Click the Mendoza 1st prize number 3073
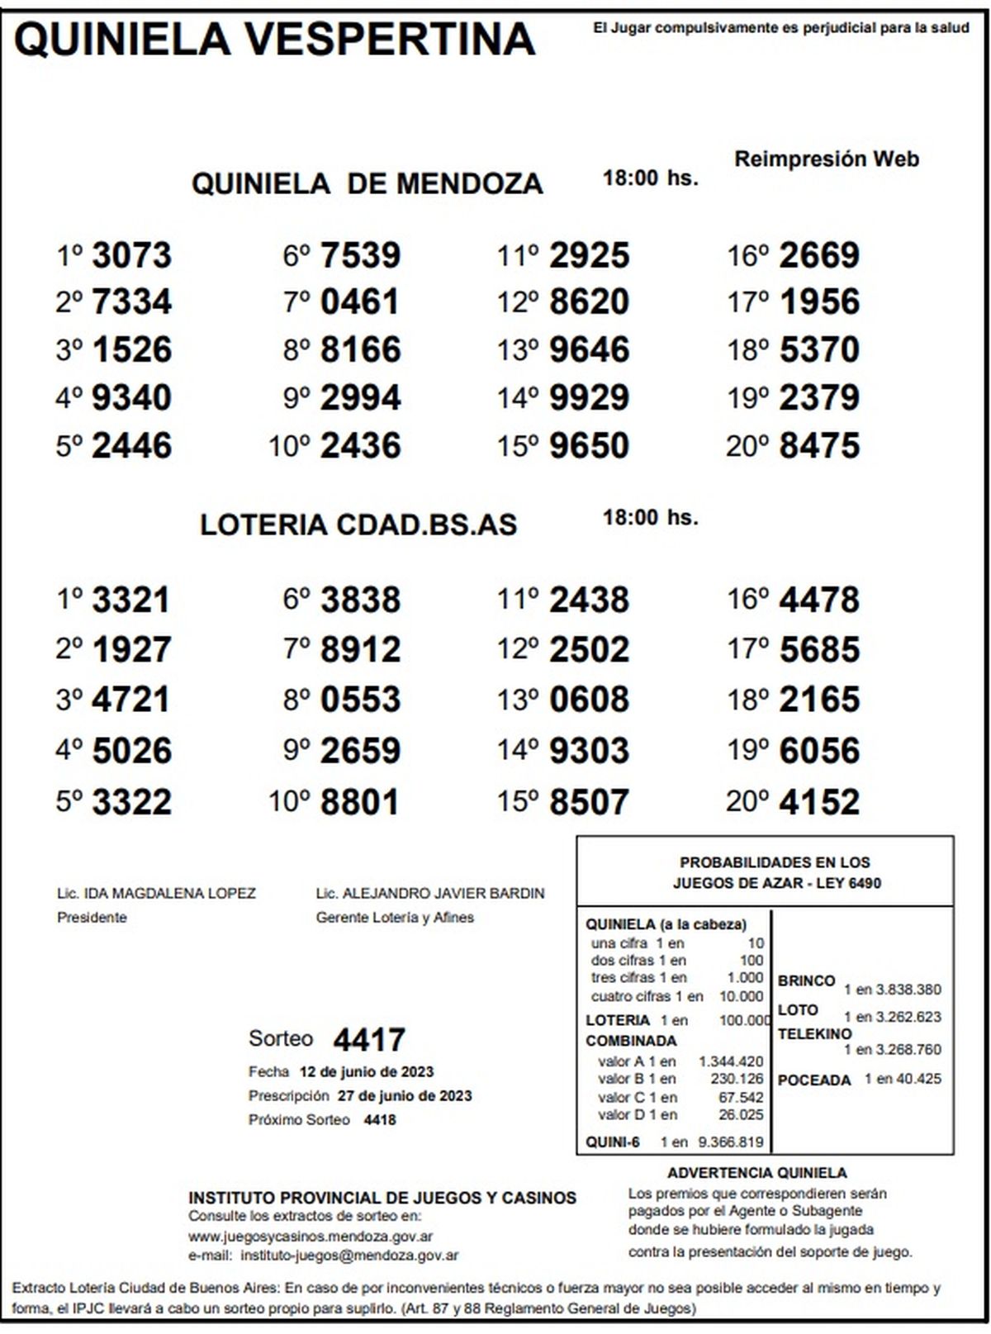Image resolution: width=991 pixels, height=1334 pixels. coord(131,255)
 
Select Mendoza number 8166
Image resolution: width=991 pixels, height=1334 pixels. coord(360,349)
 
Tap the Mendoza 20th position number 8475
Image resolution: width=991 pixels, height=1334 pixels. coord(819,446)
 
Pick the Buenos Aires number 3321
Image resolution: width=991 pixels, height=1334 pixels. coord(131,601)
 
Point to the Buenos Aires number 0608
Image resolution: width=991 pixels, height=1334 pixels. coord(589,700)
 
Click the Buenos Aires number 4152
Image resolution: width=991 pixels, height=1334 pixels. coord(819,802)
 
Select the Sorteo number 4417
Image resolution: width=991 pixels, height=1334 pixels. coord(369,1039)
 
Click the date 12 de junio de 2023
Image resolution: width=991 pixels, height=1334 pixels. coord(367,1072)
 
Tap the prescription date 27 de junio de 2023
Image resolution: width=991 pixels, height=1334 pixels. coord(405,1096)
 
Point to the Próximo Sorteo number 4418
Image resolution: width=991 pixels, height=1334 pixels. coord(380,1120)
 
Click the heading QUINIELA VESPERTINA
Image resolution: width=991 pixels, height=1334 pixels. coord(275,39)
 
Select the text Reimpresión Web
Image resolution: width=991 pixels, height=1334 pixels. coord(827,159)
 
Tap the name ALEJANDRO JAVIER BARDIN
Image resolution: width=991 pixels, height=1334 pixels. coord(443,894)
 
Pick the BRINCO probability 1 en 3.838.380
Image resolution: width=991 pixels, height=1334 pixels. coord(892,990)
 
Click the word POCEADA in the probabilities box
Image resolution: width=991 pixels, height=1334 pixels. coord(814,1080)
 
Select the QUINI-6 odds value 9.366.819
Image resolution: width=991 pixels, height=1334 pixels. coord(731,1143)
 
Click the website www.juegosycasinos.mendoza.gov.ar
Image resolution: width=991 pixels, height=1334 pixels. coord(311,1237)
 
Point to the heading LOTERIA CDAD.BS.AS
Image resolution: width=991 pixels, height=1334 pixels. coord(358,525)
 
